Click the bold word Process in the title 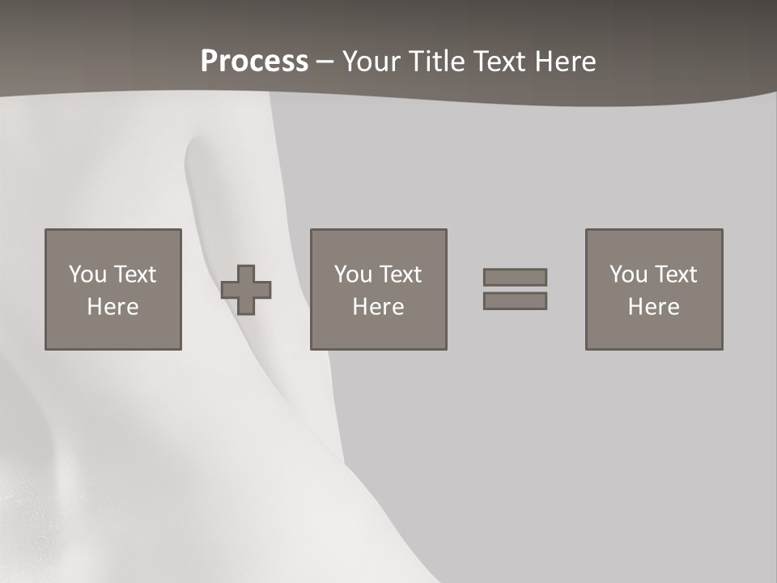click(254, 62)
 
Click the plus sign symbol click(246, 290)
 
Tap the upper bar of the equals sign click(515, 277)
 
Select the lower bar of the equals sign click(515, 301)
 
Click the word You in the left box click(87, 274)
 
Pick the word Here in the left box click(113, 307)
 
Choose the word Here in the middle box click(379, 307)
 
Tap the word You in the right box click(629, 274)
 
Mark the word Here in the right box click(654, 307)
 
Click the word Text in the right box click(674, 274)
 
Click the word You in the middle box click(354, 274)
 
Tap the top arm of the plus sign click(246, 273)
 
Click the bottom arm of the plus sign click(246, 307)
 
